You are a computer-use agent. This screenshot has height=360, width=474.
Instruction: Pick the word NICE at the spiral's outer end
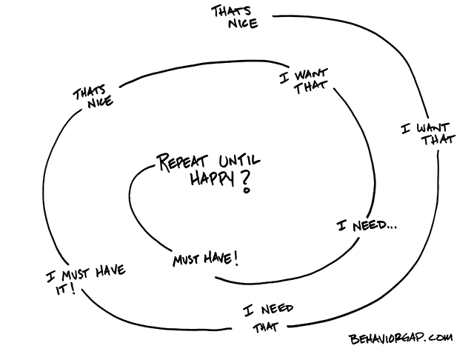[233, 24]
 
